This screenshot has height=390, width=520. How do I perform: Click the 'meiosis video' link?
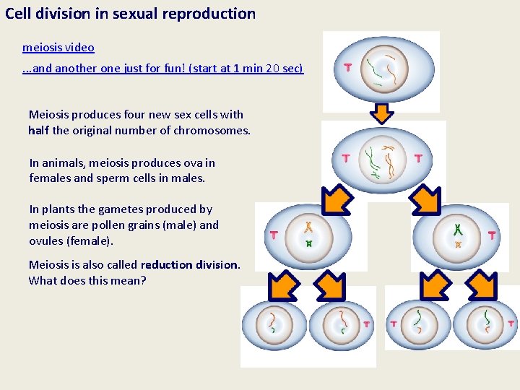coord(58,48)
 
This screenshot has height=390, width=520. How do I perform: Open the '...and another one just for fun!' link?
coord(163,69)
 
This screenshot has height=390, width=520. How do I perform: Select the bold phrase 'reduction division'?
coord(189,264)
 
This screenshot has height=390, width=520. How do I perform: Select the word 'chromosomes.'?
coord(214,131)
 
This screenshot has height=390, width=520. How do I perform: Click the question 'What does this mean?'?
coord(87,280)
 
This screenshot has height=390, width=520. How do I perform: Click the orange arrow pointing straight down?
coord(382,112)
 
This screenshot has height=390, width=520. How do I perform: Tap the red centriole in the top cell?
coord(347,68)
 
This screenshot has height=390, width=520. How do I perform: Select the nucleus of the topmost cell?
coord(384,69)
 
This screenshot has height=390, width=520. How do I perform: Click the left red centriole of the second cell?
coord(345,157)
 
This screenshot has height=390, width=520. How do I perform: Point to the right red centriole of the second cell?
coord(419,157)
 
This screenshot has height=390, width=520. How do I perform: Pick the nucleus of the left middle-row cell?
coord(309,235)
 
